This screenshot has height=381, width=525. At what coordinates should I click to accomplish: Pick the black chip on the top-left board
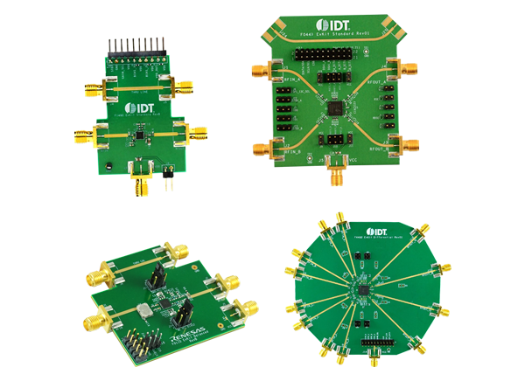coord(137,135)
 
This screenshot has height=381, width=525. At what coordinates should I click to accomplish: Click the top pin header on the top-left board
coord(136,47)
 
